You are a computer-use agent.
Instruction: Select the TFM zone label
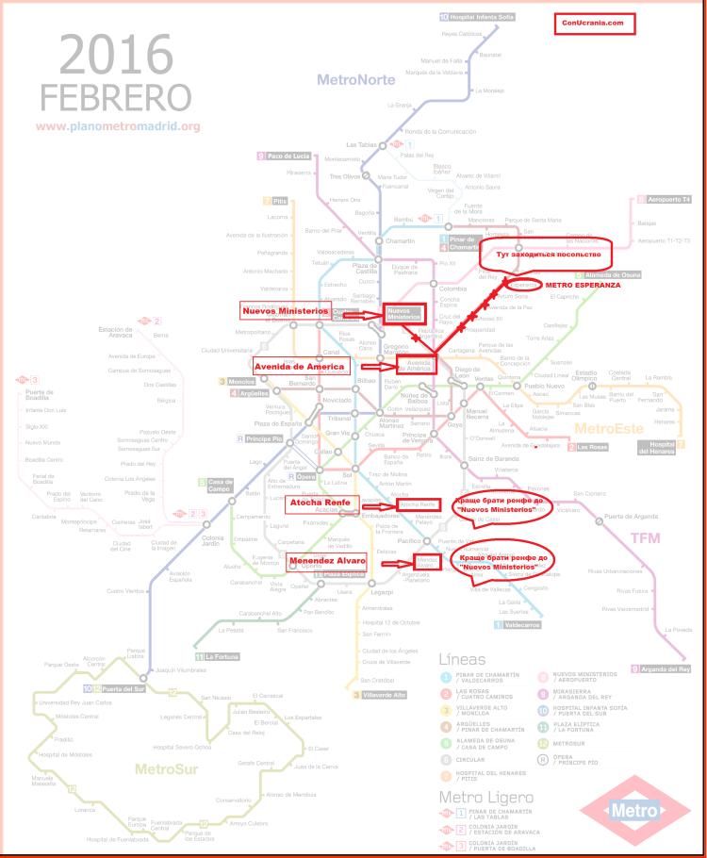tap(645, 537)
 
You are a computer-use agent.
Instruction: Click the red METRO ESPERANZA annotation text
tap(583, 283)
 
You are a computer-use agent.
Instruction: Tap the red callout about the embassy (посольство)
tap(546, 253)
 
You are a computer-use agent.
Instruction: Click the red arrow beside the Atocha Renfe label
tap(374, 503)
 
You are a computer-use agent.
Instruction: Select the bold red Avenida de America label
tap(301, 365)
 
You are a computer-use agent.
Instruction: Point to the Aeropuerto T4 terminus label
tap(669, 200)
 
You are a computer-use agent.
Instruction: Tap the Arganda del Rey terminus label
tap(666, 668)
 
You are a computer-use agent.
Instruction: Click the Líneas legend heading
tap(469, 657)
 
